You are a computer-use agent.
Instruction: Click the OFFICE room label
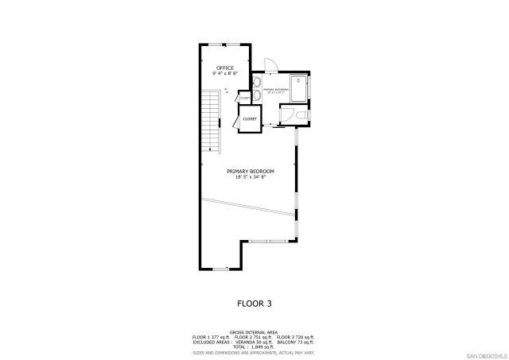(225, 68)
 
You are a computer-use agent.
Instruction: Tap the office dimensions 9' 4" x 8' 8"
(225, 74)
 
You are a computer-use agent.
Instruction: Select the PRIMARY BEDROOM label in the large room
(251, 172)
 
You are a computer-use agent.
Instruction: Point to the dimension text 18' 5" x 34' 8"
(251, 177)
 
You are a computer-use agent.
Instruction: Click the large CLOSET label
(250, 118)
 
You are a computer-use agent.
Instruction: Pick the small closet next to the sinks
(244, 98)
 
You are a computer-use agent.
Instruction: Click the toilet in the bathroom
(300, 117)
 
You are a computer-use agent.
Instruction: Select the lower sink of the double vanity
(257, 95)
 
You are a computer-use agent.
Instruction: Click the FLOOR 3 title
(254, 303)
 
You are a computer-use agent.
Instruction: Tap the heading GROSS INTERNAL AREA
(254, 332)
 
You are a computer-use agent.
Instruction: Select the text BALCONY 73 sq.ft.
(297, 342)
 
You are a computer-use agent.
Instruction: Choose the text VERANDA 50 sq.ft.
(254, 342)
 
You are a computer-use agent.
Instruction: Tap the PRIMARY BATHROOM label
(277, 90)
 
